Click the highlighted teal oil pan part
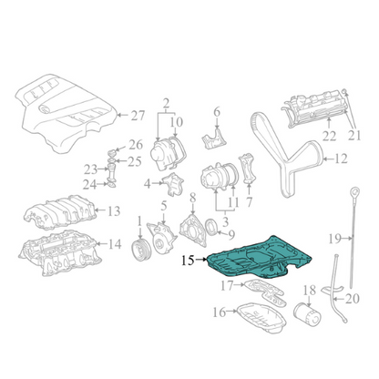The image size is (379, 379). pos(258,258)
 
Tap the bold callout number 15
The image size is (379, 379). pos(188,260)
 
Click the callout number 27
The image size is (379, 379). pos(138,116)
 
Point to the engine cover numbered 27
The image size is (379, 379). pos(66,113)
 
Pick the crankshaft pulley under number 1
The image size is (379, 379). pos(140,250)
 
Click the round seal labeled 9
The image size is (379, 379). pos(212,228)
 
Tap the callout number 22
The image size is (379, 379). pos(329,137)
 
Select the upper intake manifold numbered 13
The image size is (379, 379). pos(60,213)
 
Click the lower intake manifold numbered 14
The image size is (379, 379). pos(60,252)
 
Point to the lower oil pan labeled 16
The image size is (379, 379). pos(261,317)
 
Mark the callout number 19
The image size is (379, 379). pos(335,239)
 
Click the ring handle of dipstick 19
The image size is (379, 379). pos(354,192)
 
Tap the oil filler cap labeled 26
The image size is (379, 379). pos(112,152)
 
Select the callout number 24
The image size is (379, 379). pos(89,184)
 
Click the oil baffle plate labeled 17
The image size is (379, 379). pos(265,292)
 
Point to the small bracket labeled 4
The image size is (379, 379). pos(173,184)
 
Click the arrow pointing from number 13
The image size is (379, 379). pos(100,210)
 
